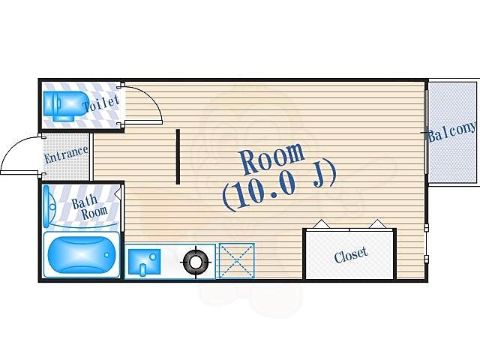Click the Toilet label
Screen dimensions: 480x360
(x=101, y=103)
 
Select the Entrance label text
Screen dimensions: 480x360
(x=66, y=155)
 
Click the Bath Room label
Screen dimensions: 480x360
(x=89, y=208)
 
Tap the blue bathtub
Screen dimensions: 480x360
(x=82, y=255)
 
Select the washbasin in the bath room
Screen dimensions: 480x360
(x=49, y=207)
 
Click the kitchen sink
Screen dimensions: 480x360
(x=144, y=262)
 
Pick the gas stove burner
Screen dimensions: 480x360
(x=196, y=262)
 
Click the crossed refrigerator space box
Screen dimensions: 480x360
(x=237, y=261)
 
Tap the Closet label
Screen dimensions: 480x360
(x=351, y=255)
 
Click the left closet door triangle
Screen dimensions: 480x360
(x=321, y=224)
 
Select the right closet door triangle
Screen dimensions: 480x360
(x=377, y=223)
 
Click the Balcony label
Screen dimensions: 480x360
(x=452, y=132)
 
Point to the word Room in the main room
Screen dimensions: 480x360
(x=272, y=158)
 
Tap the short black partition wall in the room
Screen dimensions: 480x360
(x=178, y=157)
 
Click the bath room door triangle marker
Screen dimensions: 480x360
(x=117, y=194)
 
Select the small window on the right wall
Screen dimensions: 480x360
(x=426, y=241)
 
